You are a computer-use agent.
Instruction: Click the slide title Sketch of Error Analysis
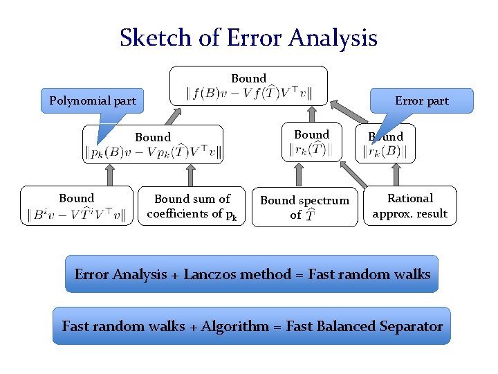click(248, 37)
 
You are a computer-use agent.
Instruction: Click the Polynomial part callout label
click(93, 101)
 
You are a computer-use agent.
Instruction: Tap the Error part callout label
click(421, 100)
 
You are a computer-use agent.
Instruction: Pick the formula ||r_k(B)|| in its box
click(385, 152)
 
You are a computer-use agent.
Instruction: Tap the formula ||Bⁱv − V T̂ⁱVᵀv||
click(77, 214)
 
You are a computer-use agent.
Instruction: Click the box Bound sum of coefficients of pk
click(192, 206)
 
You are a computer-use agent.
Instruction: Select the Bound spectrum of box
click(304, 206)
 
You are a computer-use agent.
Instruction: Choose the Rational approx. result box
click(410, 206)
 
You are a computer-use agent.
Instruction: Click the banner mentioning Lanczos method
click(252, 274)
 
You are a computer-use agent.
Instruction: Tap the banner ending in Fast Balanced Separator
click(252, 326)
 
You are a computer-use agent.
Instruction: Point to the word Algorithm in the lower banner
click(234, 326)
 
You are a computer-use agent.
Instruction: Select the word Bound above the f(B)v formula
click(248, 78)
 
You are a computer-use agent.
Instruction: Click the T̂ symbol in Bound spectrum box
click(311, 216)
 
